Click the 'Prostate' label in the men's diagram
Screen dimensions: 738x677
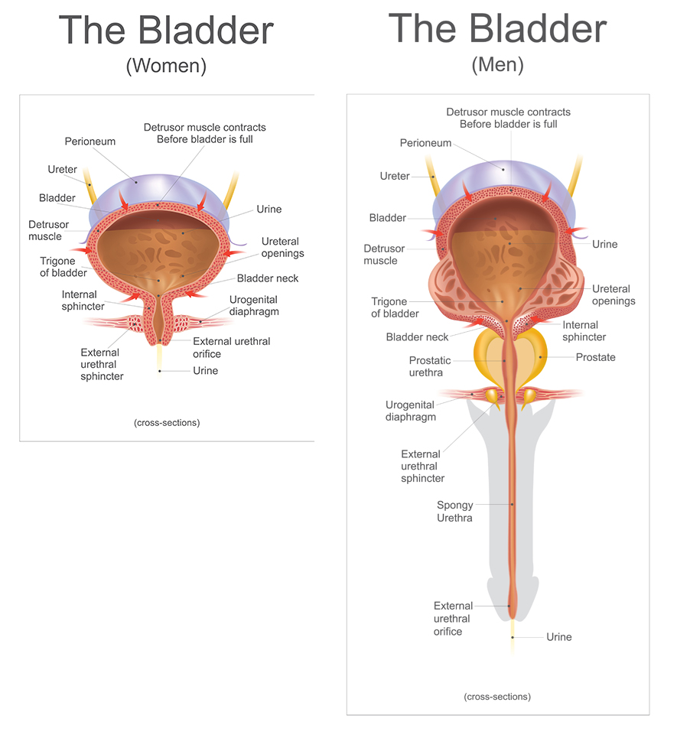point(595,357)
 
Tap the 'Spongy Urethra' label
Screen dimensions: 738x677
point(455,512)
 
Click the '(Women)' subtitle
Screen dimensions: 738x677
point(166,66)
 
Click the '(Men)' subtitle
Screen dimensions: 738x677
point(497,64)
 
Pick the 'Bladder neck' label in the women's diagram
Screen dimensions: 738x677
point(268,278)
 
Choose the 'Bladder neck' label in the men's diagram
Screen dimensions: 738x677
point(418,337)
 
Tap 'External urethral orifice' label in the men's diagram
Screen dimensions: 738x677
point(454,619)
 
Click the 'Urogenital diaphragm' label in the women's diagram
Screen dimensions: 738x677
point(253,305)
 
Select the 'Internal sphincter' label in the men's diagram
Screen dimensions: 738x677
point(584,331)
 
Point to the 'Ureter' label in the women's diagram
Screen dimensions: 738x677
point(62,169)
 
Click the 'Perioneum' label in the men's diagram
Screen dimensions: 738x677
point(425,143)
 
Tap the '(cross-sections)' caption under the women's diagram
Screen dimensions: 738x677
point(167,422)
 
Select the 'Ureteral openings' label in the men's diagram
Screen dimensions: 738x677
point(614,294)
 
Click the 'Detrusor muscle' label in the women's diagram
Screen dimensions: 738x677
point(49,230)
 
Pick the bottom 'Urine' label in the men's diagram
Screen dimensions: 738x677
point(558,637)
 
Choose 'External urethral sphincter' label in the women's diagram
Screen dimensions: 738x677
point(102,364)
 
